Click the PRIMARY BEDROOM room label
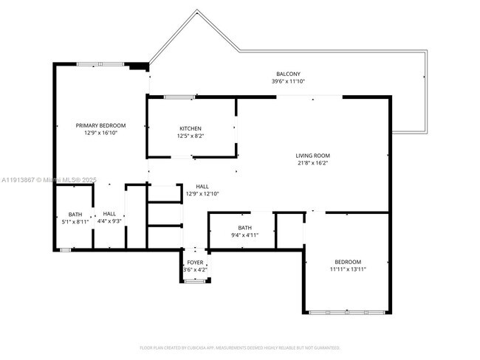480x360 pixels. pos(100,125)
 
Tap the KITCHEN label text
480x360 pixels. pos(190,128)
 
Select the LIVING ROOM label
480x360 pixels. pos(312,156)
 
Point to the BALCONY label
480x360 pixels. pos(288,74)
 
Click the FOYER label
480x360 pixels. pos(195,262)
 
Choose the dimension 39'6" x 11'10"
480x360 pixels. pos(288,81)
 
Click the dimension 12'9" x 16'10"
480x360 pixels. pos(100,134)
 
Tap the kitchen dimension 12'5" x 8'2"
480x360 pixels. pos(190,136)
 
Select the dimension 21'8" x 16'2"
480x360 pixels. pos(312,164)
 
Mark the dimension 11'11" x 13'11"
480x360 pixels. pos(348,270)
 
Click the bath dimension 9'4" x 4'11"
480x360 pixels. pos(244,235)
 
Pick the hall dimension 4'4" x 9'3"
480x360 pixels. pos(109,221)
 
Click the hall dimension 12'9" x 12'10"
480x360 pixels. pos(202,194)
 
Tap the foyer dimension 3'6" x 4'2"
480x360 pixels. pos(195,270)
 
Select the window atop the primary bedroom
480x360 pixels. pos(100,65)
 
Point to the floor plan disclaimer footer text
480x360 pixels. pos(239,347)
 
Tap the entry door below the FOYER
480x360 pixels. pos(195,281)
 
